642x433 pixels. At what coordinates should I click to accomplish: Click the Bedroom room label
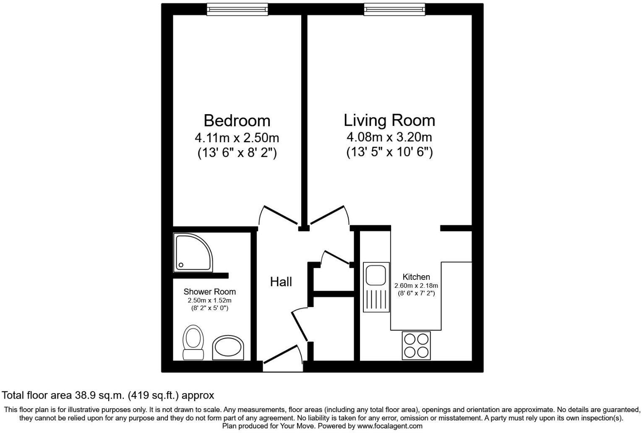point(237,121)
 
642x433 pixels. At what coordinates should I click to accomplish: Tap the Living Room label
point(389,120)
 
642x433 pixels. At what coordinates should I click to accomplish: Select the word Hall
point(281,282)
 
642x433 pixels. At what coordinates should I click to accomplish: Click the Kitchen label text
point(416,277)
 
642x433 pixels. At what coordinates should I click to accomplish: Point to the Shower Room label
point(209,292)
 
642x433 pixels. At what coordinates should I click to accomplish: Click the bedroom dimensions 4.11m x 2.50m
point(237,138)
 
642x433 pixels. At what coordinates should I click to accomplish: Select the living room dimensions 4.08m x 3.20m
point(389,137)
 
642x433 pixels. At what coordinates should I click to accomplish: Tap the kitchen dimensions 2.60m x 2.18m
point(416,286)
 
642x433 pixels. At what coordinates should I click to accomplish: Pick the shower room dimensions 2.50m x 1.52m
point(209,301)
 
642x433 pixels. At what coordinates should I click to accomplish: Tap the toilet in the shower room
point(193,342)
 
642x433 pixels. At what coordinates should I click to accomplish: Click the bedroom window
point(237,9)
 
